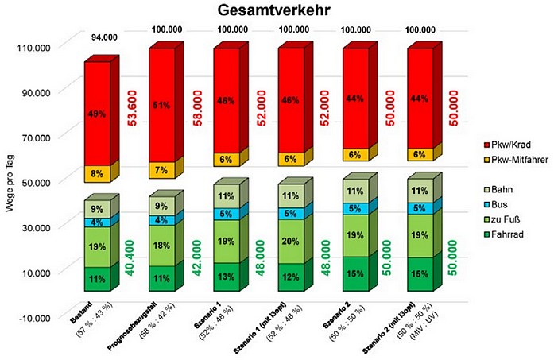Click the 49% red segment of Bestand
[97, 114]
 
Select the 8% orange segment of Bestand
[97, 173]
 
